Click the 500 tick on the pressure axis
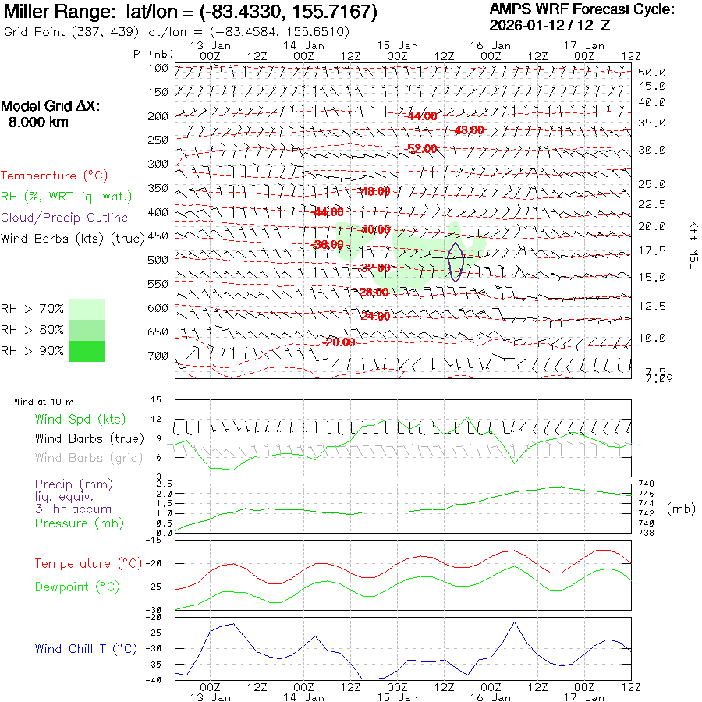pyautogui.click(x=158, y=260)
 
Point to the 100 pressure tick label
pyautogui.click(x=158, y=68)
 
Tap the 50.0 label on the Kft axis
pyautogui.click(x=652, y=73)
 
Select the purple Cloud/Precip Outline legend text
pyautogui.click(x=65, y=217)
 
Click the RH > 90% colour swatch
pyautogui.click(x=87, y=352)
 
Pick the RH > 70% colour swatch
pyautogui.click(x=87, y=309)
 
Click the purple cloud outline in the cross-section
pyautogui.click(x=456, y=261)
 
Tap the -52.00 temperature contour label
pyautogui.click(x=422, y=148)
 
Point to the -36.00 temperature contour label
pyautogui.click(x=328, y=244)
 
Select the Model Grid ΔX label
pyautogui.click(x=51, y=107)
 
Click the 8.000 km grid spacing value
pyautogui.click(x=37, y=122)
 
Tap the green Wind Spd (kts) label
pyautogui.click(x=80, y=420)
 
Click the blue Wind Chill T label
pyautogui.click(x=86, y=648)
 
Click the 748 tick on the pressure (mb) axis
pyautogui.click(x=646, y=484)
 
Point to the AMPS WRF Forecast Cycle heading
pyautogui.click(x=582, y=9)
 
